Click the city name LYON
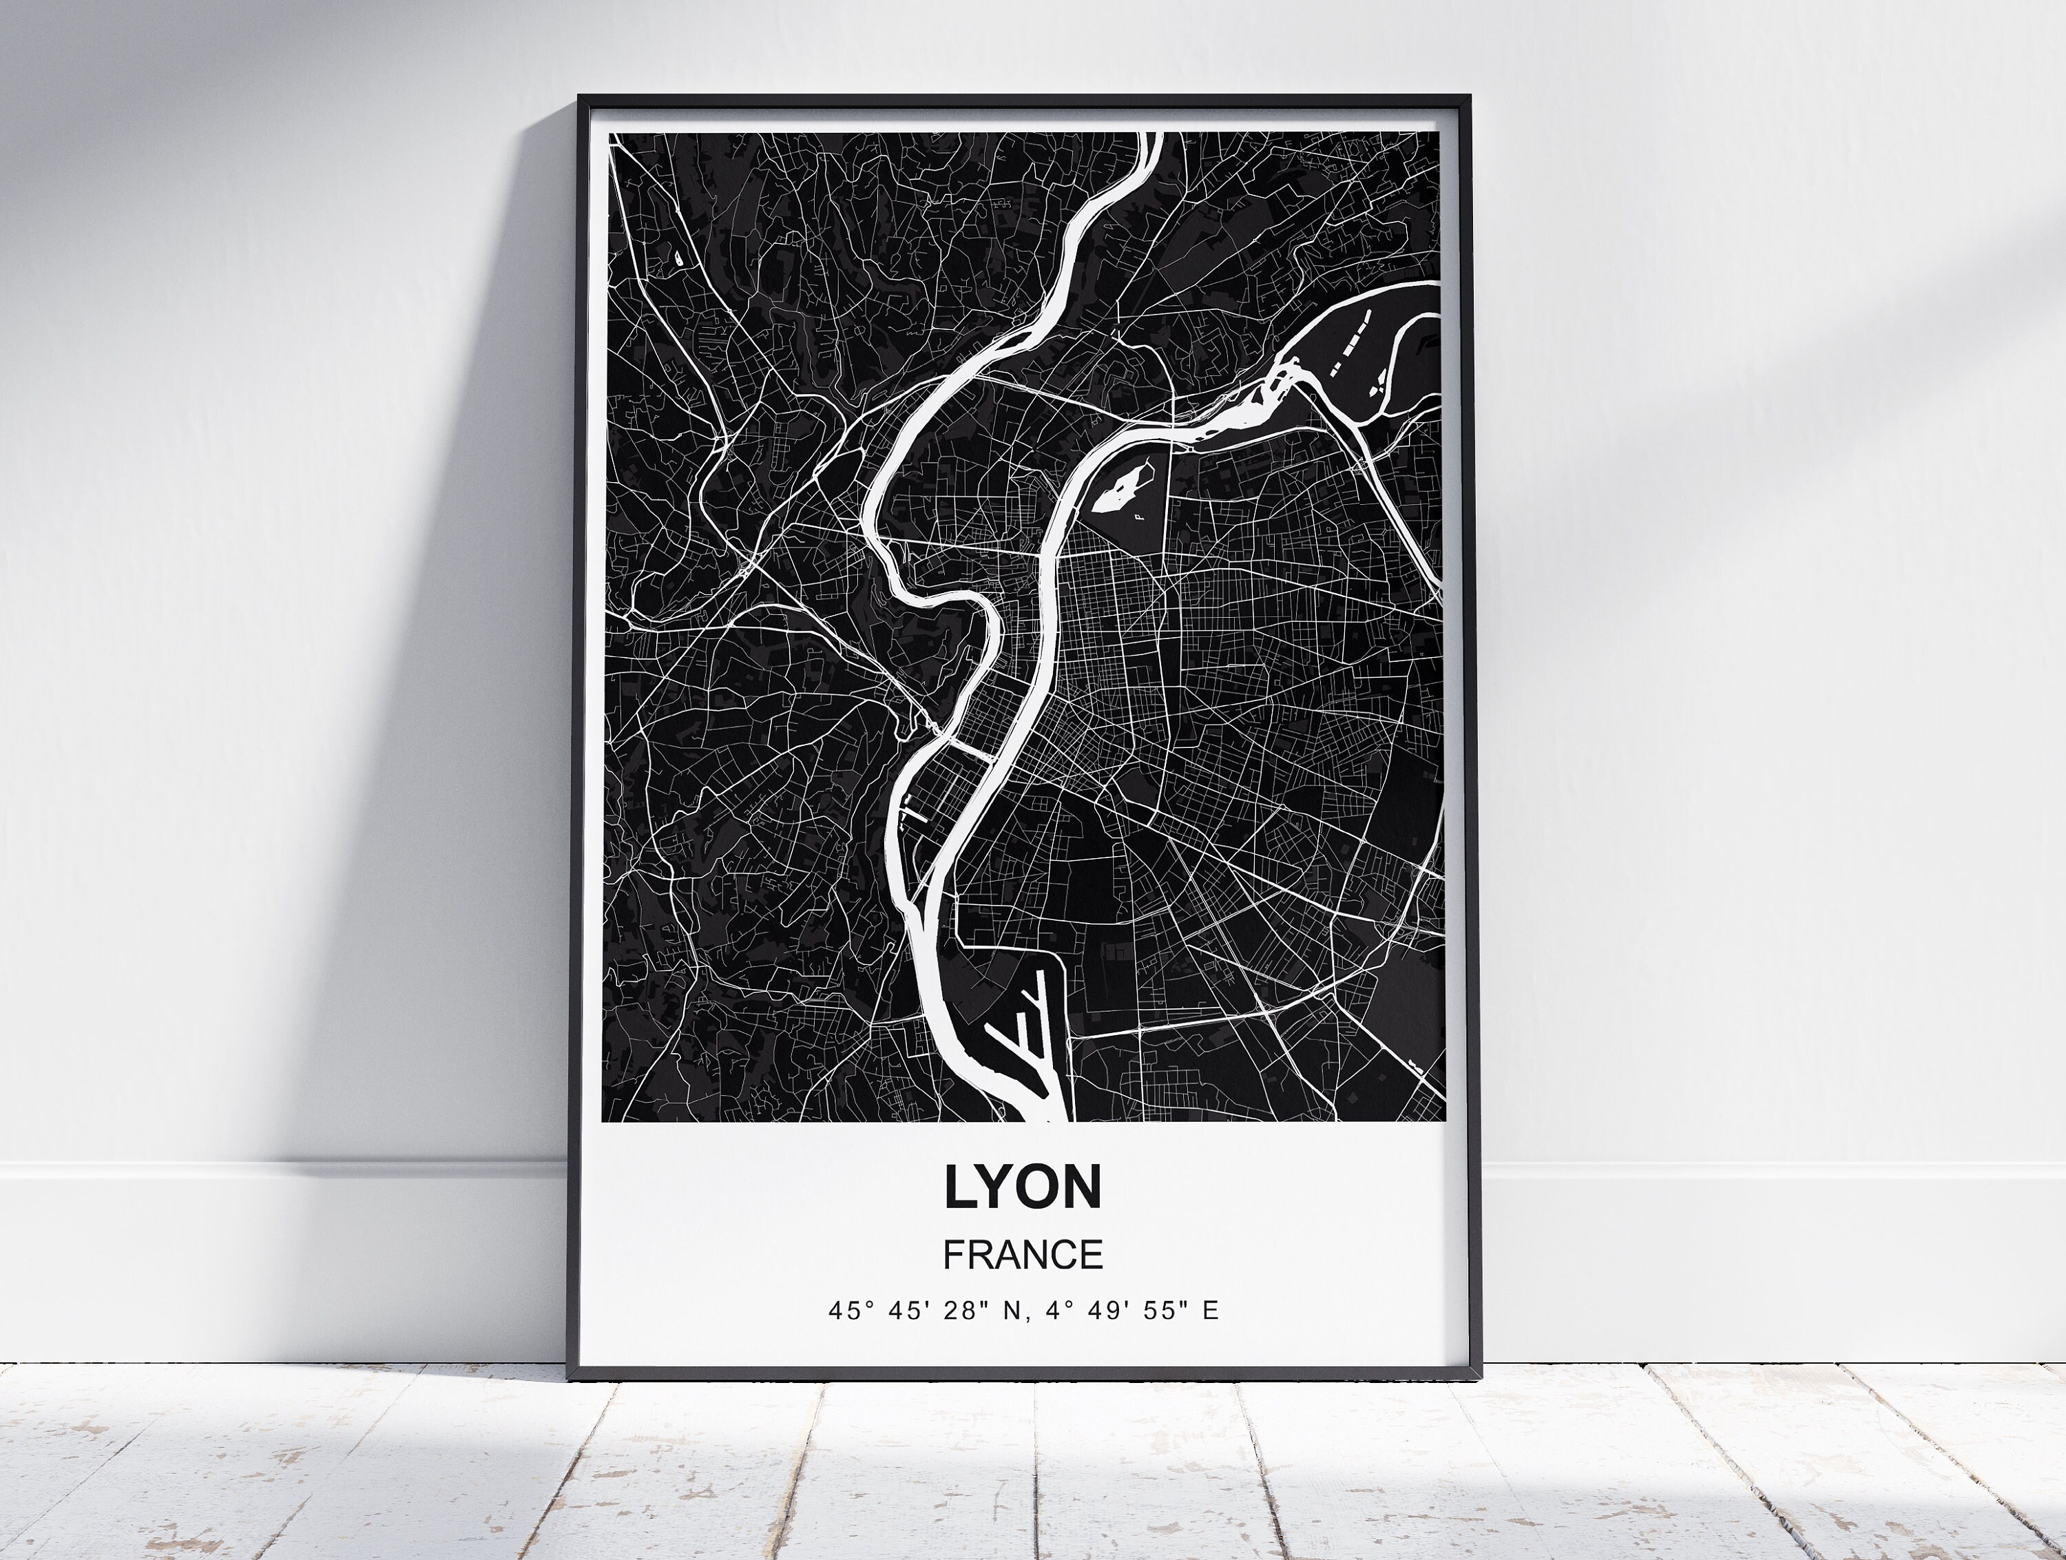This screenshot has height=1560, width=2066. tap(1023, 1187)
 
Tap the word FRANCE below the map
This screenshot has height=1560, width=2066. tap(1023, 1254)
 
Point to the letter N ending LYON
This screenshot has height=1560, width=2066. tap(1083, 1187)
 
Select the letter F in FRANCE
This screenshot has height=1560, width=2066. tap(952, 1254)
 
